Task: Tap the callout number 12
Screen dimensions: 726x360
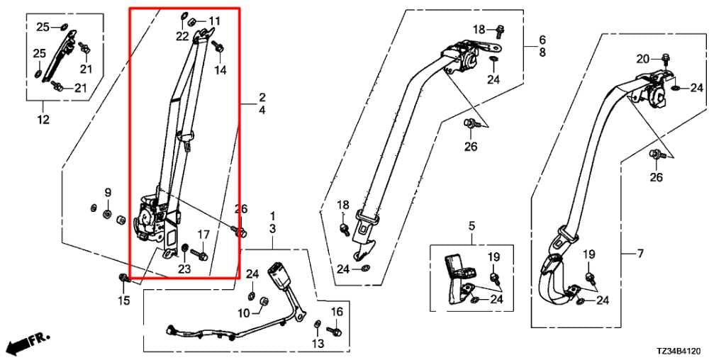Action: (x=43, y=120)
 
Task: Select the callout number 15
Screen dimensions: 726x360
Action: (x=123, y=300)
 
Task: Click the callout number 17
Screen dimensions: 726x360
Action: (x=203, y=235)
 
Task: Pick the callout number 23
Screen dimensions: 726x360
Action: (x=184, y=269)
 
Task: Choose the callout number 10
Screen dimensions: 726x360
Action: (x=244, y=313)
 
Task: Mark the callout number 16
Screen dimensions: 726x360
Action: (x=337, y=313)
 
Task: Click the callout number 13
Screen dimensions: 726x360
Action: (x=318, y=343)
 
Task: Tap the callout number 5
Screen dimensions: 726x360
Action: (x=471, y=226)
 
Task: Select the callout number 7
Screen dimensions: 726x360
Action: (x=640, y=254)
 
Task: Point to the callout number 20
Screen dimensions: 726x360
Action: (x=642, y=59)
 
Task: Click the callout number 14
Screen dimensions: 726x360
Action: (x=220, y=70)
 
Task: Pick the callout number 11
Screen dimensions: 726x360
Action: (x=214, y=21)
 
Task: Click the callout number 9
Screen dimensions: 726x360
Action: (x=108, y=192)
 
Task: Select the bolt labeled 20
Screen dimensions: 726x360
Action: (x=665, y=59)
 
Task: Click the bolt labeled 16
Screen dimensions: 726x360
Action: (x=334, y=332)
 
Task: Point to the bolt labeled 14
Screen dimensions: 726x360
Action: (x=218, y=46)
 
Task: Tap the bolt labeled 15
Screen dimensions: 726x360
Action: (x=123, y=278)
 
